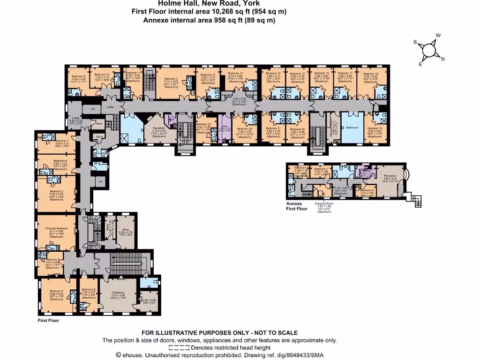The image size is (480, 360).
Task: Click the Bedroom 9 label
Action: pyautogui.click(x=79, y=76)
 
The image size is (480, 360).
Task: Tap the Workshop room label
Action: pyautogui.click(x=117, y=292)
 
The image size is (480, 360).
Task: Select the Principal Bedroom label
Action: pyautogui.click(x=56, y=229)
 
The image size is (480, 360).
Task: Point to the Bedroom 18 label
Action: pyautogui.click(x=370, y=74)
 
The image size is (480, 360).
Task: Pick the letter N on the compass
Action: pyautogui.click(x=442, y=59)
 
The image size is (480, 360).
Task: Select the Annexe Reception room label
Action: pyautogui.click(x=390, y=176)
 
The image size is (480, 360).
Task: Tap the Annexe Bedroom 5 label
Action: pyautogui.click(x=368, y=190)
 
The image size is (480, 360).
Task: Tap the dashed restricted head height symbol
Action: pyautogui.click(x=179, y=348)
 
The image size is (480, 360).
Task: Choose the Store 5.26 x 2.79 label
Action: pyautogui.click(x=125, y=230)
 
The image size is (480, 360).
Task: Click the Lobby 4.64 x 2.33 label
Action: pyautogui.click(x=76, y=119)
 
